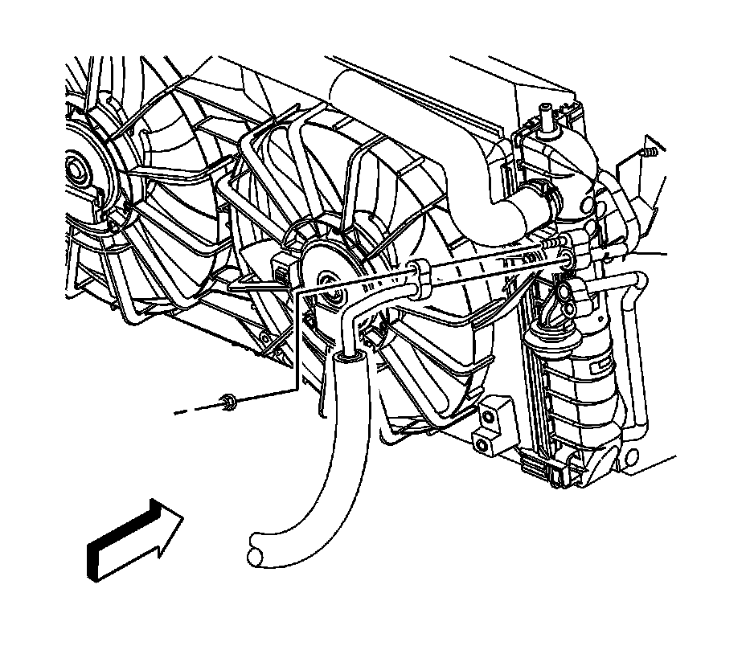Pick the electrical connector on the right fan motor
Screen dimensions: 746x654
(281, 270)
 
